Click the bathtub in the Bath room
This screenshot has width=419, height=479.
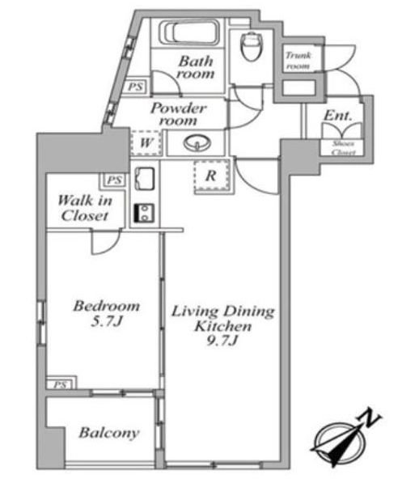[189, 32]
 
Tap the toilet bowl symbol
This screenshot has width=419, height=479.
[252, 46]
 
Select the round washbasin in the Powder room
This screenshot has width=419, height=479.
[197, 143]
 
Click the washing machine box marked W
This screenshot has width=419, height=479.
[146, 142]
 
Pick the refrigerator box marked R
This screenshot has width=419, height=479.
[211, 176]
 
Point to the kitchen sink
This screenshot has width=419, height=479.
[145, 179]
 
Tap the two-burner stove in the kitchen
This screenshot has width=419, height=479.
[144, 213]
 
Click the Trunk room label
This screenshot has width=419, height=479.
[298, 61]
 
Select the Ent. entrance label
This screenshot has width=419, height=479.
[338, 116]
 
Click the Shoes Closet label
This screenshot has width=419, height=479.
[343, 148]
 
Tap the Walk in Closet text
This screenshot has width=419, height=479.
[85, 208]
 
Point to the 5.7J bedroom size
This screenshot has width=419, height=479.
[107, 321]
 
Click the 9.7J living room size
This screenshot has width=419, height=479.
[222, 341]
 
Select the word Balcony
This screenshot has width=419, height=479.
[109, 433]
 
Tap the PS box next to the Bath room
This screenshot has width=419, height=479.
[136, 86]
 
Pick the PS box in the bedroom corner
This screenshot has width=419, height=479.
[60, 384]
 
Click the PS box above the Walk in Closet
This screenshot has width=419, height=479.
[115, 180]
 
